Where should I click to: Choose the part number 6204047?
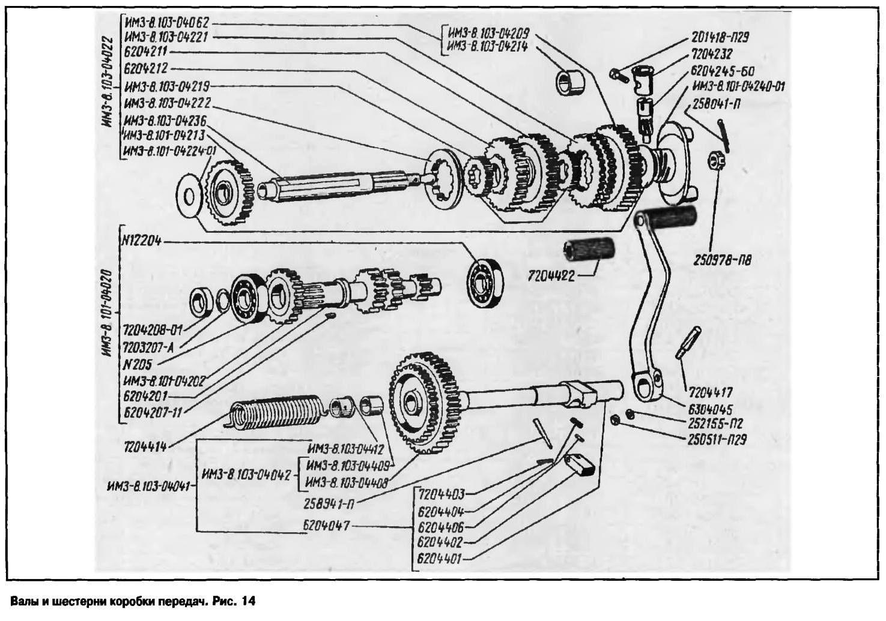(x=327, y=527)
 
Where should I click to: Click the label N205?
(x=138, y=364)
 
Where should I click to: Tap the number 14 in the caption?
(x=248, y=601)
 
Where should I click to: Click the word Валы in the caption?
(x=23, y=601)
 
